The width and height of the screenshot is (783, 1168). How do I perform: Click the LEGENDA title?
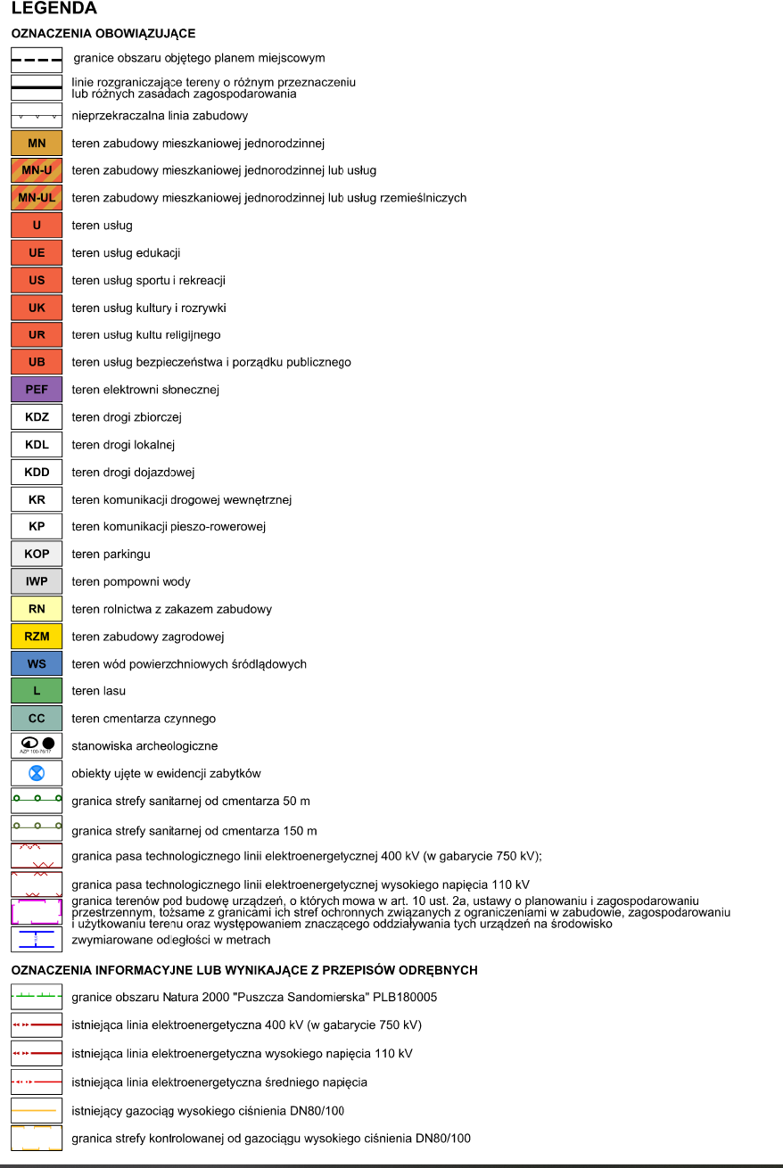[x=54, y=9]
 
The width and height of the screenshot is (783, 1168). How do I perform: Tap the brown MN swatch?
[x=37, y=143]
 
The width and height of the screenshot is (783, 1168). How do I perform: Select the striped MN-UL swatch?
[x=37, y=198]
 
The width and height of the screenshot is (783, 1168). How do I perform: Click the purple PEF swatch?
[x=37, y=390]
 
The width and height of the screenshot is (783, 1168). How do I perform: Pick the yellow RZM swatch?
[x=37, y=637]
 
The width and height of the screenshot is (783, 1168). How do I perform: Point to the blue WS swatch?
[x=37, y=664]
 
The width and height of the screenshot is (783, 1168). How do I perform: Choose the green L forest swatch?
[x=37, y=691]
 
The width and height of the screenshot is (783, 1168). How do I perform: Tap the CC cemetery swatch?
[x=37, y=719]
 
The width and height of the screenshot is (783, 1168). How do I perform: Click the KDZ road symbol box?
[x=37, y=417]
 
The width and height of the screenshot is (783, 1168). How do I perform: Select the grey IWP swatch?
[x=37, y=581]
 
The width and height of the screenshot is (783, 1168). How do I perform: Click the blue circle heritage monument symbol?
[x=37, y=773]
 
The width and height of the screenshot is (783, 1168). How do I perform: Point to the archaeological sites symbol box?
[x=37, y=745]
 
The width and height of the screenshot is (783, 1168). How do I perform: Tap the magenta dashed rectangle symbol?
[x=37, y=911]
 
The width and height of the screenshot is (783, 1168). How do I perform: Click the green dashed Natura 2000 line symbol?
[x=37, y=997]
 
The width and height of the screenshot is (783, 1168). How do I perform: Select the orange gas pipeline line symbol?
[x=37, y=1110]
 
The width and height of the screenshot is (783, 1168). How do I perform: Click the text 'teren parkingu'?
[x=111, y=555]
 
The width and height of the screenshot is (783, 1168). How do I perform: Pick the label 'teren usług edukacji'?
[x=126, y=253]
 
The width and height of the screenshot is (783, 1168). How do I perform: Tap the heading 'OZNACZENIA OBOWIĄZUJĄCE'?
[x=103, y=34]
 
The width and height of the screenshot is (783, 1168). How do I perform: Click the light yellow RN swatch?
[x=37, y=609]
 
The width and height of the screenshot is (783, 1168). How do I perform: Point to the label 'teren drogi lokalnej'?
[x=123, y=445]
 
